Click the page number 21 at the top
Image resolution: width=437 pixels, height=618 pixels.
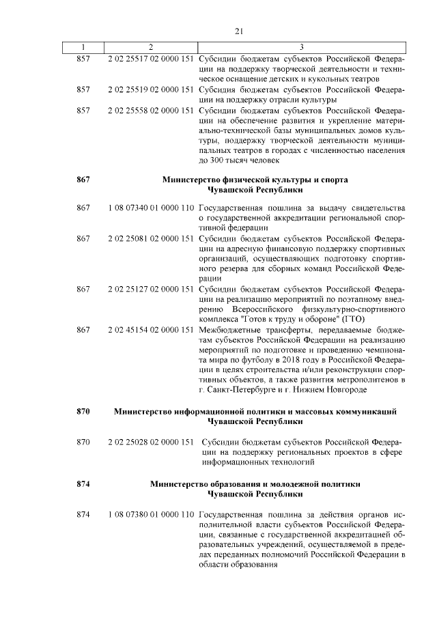pos(239,31)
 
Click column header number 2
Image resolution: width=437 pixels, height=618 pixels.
pos(150,46)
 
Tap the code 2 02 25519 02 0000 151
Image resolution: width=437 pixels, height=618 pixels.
pos(150,89)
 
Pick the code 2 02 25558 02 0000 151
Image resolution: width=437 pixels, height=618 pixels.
pos(150,111)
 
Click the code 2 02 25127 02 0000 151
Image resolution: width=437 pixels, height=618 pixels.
pos(150,289)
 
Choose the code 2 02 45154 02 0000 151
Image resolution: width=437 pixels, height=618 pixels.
pos(150,330)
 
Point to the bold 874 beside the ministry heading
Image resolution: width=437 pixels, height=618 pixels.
pos(83,483)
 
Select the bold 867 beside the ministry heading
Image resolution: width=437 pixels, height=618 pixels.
pos(83,180)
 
